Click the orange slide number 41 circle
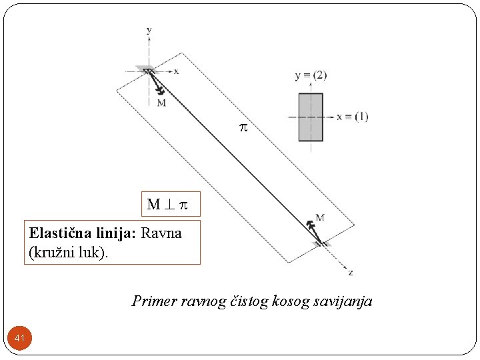pos(20,339)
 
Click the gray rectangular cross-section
pos(311,117)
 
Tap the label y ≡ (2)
pos(311,75)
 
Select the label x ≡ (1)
pos(352,117)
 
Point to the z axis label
pos(351,273)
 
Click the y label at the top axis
pos(149,30)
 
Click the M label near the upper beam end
pos(161,103)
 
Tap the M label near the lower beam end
pos(320,217)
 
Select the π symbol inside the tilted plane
pos(243,126)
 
